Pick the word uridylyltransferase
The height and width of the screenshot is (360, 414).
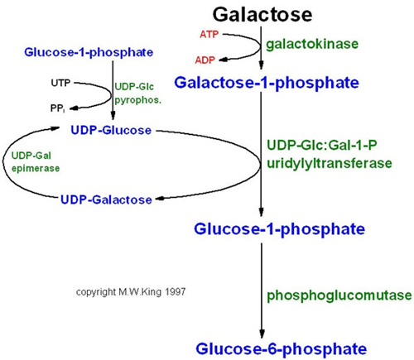tap(329, 163)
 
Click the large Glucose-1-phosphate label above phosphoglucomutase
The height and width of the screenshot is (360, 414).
tap(262, 228)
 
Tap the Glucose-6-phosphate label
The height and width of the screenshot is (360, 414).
tap(262, 348)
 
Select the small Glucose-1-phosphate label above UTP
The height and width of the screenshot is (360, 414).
tap(100, 53)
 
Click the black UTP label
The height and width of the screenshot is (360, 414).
tap(60, 84)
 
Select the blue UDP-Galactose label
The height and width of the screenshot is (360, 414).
tap(105, 199)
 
